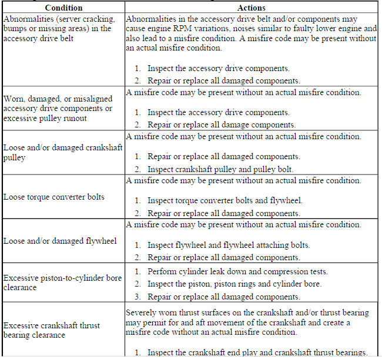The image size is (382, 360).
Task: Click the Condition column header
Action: [63, 8]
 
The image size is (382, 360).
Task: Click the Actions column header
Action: [251, 8]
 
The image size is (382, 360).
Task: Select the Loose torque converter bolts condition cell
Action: [54, 197]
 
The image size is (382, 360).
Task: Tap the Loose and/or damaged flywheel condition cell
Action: [60, 241]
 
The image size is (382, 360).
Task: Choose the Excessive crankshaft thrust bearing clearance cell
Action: [52, 330]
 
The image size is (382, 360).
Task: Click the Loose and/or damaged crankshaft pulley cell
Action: [63, 153]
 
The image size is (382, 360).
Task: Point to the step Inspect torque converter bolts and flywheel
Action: [224, 201]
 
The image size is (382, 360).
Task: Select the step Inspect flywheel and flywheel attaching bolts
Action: [228, 245]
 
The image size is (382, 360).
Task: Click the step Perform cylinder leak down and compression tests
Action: [237, 272]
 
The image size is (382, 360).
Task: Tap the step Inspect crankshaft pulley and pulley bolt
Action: [220, 169]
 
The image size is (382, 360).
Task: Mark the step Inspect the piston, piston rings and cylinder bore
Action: [234, 284]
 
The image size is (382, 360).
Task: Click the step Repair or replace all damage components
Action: [221, 125]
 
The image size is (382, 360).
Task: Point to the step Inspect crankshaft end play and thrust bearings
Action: [257, 352]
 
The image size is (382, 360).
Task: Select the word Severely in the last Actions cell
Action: [142, 312]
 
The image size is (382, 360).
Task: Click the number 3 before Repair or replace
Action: [136, 297]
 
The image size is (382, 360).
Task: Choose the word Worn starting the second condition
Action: [15, 99]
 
